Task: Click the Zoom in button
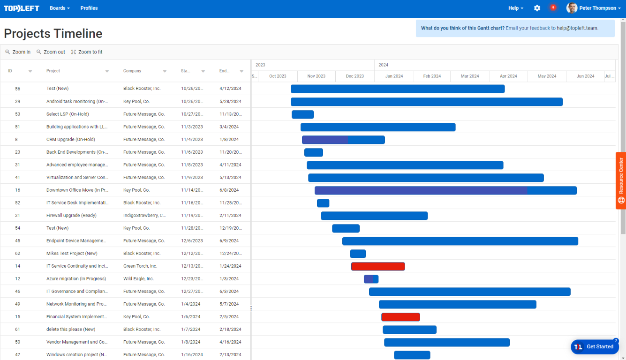(18, 52)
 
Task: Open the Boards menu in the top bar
(60, 8)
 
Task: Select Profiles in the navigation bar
(89, 8)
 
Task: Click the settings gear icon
(537, 8)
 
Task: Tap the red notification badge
(553, 7)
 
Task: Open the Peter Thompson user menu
(594, 8)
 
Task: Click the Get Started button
(595, 347)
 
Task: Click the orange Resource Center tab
(621, 180)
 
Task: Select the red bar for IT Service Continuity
(378, 266)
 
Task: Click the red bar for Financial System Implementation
(400, 317)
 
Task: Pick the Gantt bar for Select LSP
(302, 114)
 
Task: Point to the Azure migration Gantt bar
(371, 279)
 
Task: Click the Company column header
(132, 71)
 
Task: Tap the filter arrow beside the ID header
(30, 71)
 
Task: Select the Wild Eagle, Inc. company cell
(138, 279)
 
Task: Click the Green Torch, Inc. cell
(140, 266)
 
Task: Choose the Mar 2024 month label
(470, 76)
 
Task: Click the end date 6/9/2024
(229, 241)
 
